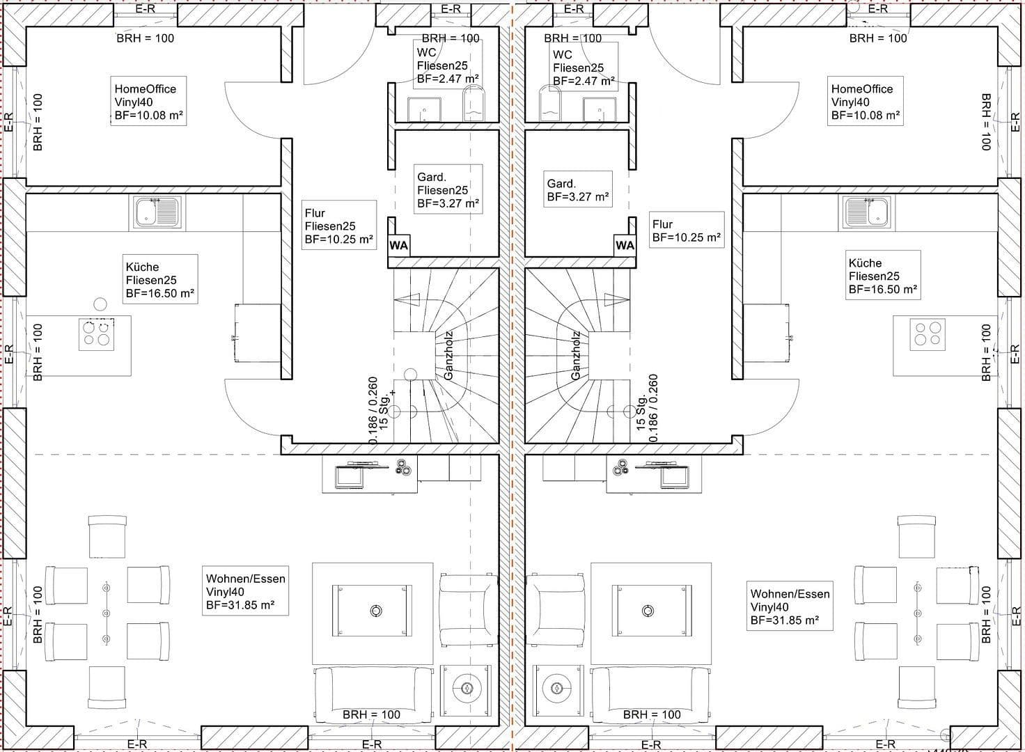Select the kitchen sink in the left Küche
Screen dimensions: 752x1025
tap(158, 212)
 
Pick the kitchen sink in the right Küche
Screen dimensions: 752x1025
tap(866, 212)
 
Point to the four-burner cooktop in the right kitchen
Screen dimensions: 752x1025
tap(928, 334)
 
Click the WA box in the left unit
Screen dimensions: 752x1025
tap(398, 245)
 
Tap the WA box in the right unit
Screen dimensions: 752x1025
tap(625, 245)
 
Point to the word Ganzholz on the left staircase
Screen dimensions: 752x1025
tap(448, 355)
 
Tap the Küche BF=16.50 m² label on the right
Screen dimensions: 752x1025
tap(882, 276)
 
